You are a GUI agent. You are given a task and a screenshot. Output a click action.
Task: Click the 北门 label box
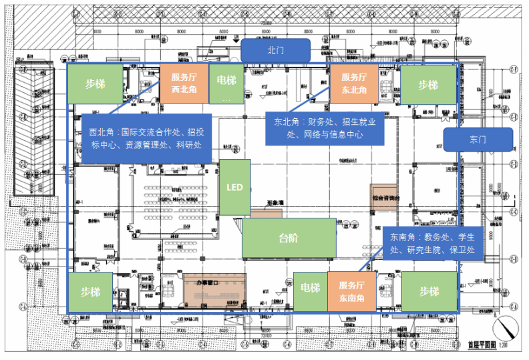pos(275,49)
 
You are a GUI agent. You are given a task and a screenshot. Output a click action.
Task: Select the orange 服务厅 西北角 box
pos(184,83)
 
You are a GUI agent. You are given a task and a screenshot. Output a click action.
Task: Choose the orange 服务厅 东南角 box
pos(351,291)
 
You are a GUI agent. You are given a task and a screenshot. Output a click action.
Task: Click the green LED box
pos(234,187)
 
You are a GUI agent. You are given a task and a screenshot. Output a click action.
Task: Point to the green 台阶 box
pos(289,238)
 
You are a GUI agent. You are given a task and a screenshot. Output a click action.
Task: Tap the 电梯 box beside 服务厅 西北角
pos(226,83)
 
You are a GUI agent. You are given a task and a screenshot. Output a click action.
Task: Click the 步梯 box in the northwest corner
pos(94,83)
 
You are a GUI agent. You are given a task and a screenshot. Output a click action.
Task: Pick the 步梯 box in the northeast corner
pos(427,85)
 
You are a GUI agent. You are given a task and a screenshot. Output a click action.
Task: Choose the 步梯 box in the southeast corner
pos(428,291)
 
